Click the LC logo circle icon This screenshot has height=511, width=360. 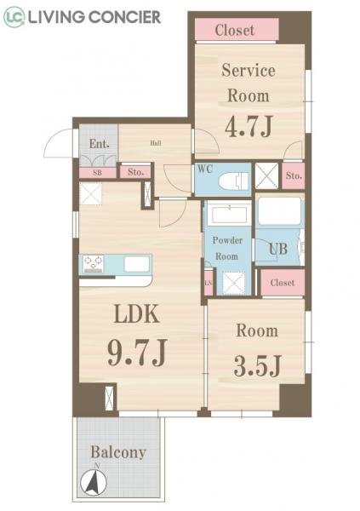click(x=13, y=16)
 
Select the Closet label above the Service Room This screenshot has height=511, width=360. click(x=235, y=30)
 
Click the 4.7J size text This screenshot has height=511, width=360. click(x=248, y=127)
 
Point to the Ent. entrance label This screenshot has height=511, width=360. click(x=99, y=144)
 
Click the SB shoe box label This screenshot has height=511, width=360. click(x=97, y=172)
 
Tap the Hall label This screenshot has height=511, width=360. click(x=156, y=143)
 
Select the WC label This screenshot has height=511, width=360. click(x=204, y=169)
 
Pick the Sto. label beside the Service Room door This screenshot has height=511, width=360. click(x=294, y=176)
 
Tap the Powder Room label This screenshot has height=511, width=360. click(x=227, y=248)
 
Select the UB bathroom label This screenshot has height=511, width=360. click(x=278, y=250)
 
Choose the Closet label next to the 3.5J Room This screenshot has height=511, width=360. click(x=282, y=283)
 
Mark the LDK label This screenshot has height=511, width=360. click(x=136, y=315)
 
